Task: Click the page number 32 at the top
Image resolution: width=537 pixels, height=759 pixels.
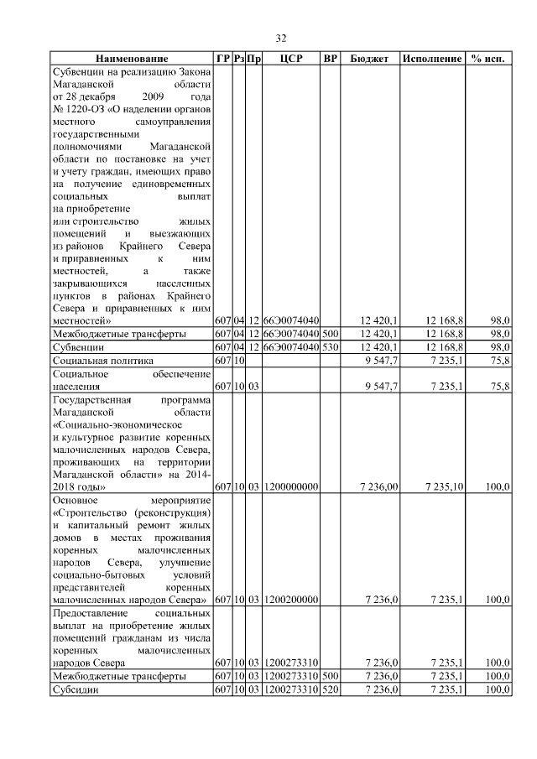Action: [x=282, y=37]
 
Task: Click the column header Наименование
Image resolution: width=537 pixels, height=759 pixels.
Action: [x=131, y=60]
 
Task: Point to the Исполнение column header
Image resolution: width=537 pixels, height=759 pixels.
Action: [x=431, y=60]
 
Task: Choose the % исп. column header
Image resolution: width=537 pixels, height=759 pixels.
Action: [x=488, y=60]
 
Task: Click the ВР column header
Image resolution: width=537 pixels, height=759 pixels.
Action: [x=331, y=60]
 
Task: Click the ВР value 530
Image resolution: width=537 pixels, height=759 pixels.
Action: [x=331, y=346]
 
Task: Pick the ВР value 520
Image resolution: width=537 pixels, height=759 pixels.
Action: [x=331, y=689]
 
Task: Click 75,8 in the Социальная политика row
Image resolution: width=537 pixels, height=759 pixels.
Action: [x=500, y=360]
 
